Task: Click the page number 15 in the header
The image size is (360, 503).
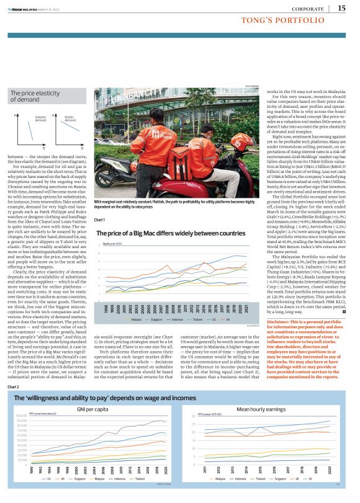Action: pos(342,7)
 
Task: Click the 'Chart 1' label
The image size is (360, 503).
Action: pos(99,203)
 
